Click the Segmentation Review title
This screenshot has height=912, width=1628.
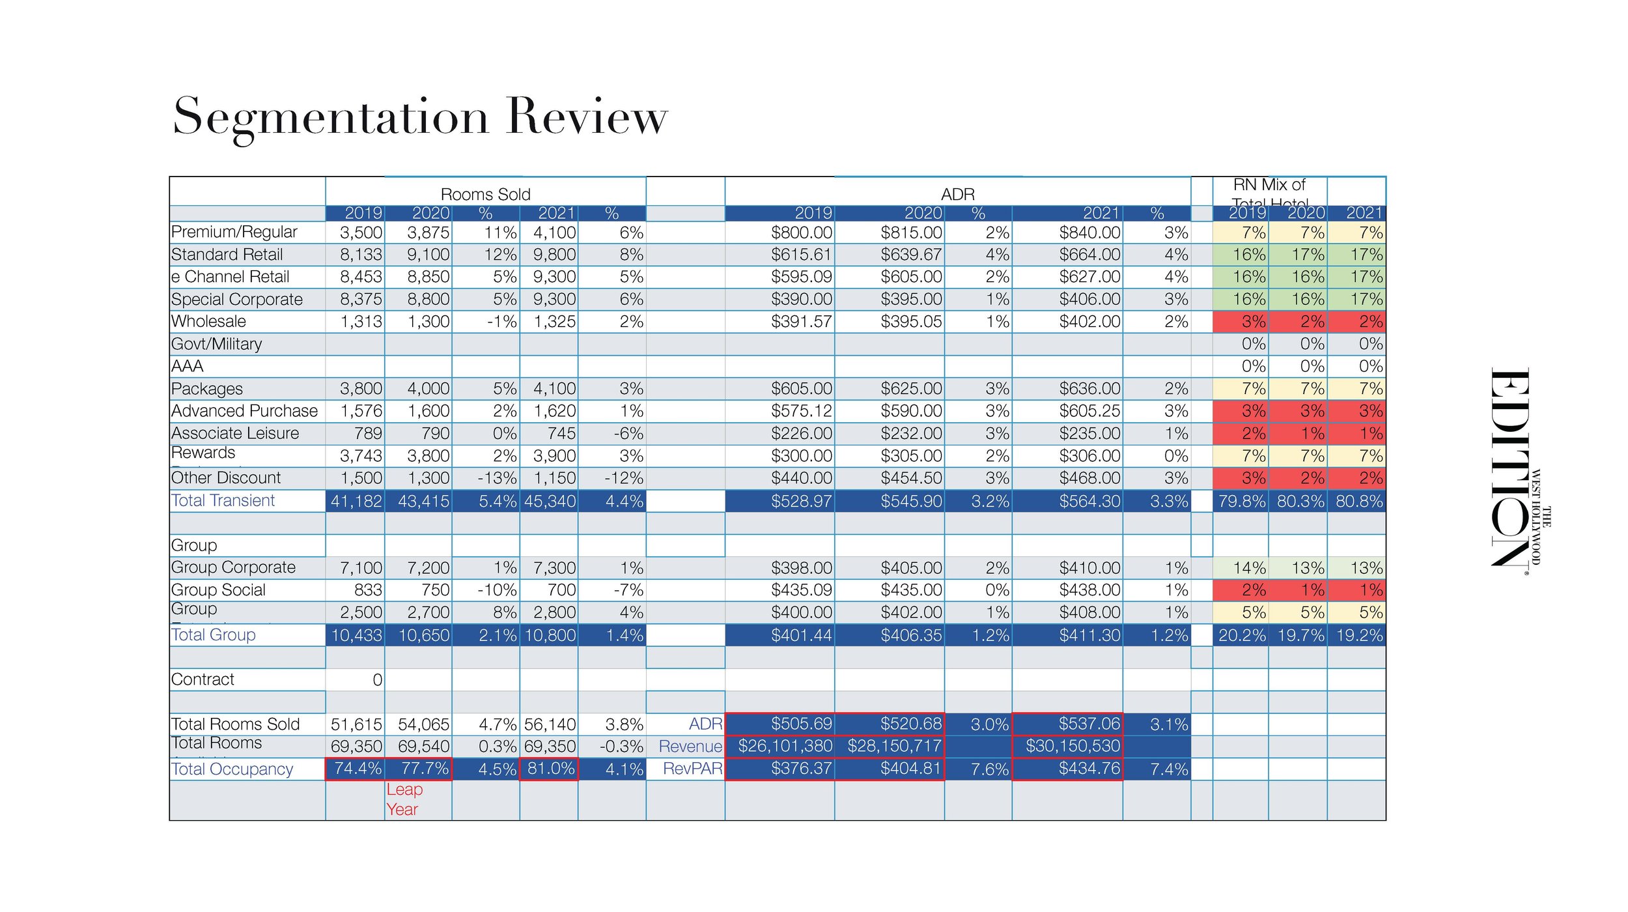[420, 117]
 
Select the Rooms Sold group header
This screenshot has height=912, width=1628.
[485, 194]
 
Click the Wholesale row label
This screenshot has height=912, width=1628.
[208, 321]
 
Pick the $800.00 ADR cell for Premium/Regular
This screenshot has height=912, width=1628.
[801, 233]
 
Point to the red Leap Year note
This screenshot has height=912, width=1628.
[404, 799]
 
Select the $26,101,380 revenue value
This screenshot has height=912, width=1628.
[785, 746]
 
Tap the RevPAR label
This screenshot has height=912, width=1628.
[692, 769]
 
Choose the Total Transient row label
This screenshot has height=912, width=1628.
[223, 500]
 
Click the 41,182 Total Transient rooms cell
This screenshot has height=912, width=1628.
[356, 501]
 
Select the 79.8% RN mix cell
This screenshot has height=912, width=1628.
[1242, 501]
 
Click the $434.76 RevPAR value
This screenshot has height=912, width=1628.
[1089, 769]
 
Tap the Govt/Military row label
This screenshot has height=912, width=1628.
[216, 344]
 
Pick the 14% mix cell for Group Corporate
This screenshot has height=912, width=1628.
[1249, 568]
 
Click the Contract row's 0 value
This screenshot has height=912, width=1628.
[377, 679]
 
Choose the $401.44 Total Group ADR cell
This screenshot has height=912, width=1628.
[801, 635]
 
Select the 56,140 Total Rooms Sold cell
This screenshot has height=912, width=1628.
[550, 724]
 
